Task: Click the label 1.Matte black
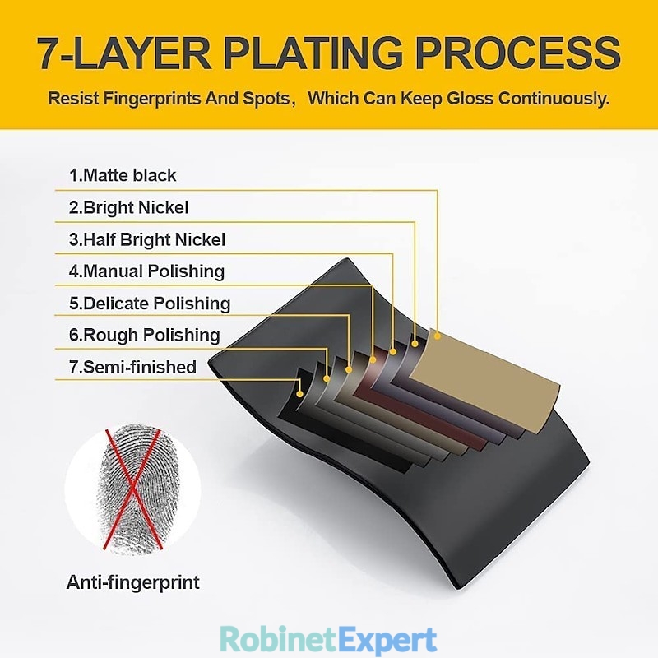(x=123, y=175)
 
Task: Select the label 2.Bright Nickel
(x=128, y=208)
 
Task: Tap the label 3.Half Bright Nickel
(x=147, y=239)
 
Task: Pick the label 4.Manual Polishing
(x=146, y=271)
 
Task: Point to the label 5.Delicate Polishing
(x=150, y=304)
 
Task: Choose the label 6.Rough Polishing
(x=145, y=336)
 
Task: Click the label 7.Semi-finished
(x=132, y=367)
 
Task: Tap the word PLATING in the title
(x=313, y=53)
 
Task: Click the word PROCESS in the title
(x=518, y=53)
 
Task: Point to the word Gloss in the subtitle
(x=470, y=99)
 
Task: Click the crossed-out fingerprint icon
(x=132, y=489)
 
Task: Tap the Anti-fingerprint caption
(x=132, y=582)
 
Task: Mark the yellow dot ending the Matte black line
(x=438, y=336)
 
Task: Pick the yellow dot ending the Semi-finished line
(x=299, y=394)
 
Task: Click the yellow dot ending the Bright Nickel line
(x=415, y=344)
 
